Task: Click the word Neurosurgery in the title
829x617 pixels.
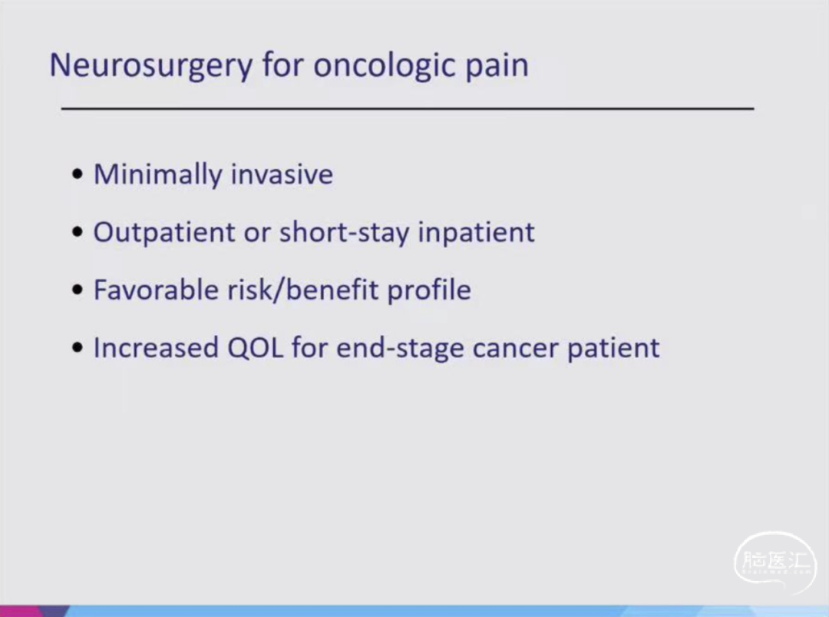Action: tap(150, 66)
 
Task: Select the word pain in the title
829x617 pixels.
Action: tap(497, 67)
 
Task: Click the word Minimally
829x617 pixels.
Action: tap(157, 174)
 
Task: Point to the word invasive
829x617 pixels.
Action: tap(282, 174)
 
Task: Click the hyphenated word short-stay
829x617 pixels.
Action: tap(344, 232)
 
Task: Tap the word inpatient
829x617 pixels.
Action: tap(477, 232)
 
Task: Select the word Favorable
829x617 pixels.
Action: tap(156, 290)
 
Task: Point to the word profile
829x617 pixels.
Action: tap(429, 290)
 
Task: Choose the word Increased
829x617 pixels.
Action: tap(156, 347)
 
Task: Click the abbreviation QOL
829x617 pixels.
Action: tap(255, 348)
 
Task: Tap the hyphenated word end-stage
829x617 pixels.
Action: tap(400, 348)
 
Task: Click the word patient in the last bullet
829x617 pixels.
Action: tap(613, 348)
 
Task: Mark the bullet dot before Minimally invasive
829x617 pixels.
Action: tap(78, 174)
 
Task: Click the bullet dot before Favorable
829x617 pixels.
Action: tap(78, 290)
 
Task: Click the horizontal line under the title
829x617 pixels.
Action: tap(408, 108)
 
